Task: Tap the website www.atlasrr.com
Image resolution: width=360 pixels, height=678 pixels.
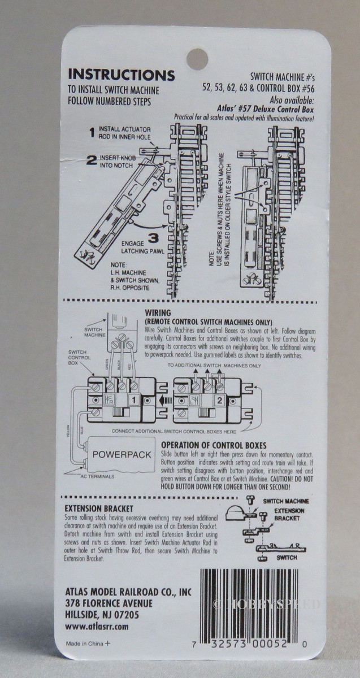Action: click(x=97, y=627)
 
